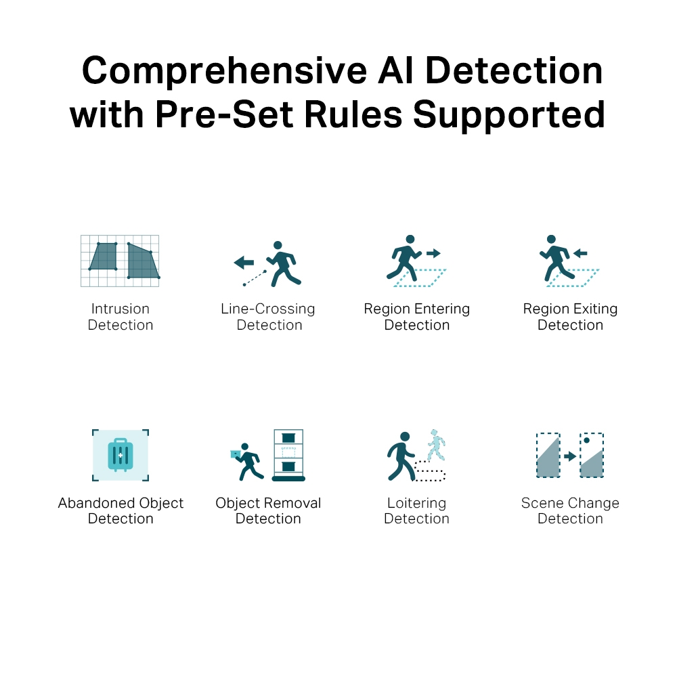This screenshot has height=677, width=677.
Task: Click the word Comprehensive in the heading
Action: click(x=225, y=72)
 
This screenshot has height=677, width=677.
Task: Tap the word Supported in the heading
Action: click(x=509, y=115)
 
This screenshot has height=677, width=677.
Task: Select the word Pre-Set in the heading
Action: click(x=224, y=114)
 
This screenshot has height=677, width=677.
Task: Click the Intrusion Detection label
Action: click(x=121, y=317)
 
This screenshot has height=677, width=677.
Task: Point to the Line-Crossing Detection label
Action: click(x=268, y=317)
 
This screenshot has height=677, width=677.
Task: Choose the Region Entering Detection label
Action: click(x=416, y=317)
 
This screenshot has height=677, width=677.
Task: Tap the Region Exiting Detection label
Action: click(x=570, y=317)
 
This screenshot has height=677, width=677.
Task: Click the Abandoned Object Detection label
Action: click(x=121, y=510)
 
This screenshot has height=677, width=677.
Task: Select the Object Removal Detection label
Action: click(x=268, y=510)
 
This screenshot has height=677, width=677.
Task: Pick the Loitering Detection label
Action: click(x=416, y=510)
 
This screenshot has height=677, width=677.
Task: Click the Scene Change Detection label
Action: click(x=570, y=510)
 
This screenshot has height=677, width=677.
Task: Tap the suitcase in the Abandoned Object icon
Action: click(x=121, y=455)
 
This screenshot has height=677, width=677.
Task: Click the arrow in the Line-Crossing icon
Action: click(x=244, y=262)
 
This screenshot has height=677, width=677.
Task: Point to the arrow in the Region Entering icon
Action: click(x=433, y=253)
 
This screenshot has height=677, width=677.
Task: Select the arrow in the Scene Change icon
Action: click(x=570, y=456)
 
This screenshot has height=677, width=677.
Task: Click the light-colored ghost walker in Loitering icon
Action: click(x=436, y=445)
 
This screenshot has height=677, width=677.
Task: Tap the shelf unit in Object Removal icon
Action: click(x=288, y=455)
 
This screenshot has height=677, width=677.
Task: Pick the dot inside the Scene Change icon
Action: click(x=586, y=441)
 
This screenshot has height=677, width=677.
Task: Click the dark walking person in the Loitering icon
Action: click(x=401, y=456)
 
